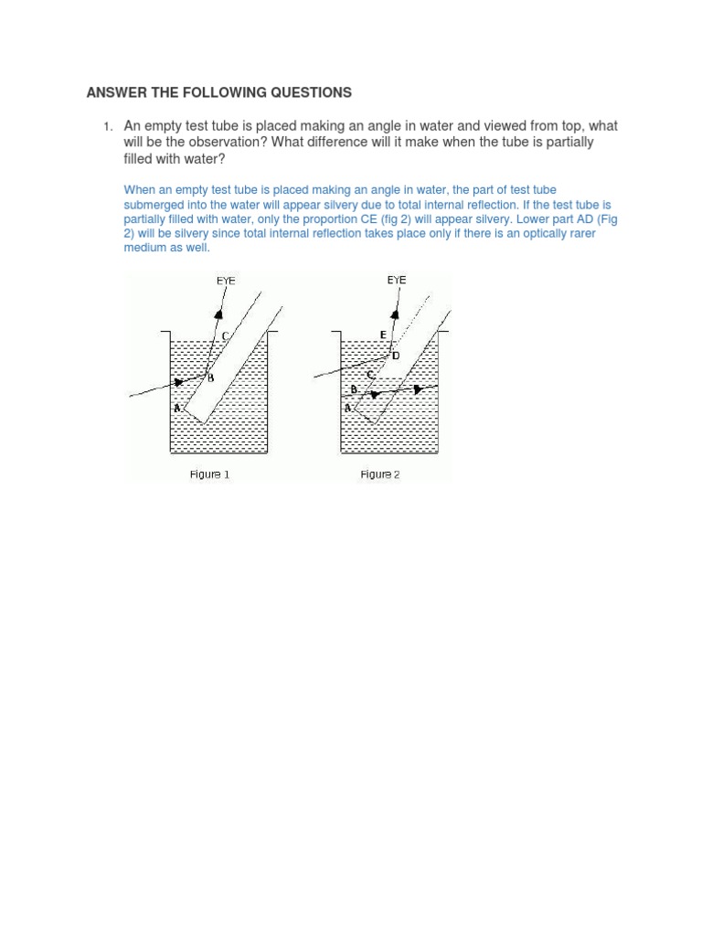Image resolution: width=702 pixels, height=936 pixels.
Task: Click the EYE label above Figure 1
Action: click(226, 281)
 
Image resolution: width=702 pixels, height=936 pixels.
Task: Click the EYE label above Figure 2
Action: click(396, 280)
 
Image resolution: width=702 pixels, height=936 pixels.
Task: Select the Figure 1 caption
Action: click(209, 474)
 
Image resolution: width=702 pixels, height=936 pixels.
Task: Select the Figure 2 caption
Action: click(380, 474)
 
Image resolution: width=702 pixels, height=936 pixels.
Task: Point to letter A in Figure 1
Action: click(177, 408)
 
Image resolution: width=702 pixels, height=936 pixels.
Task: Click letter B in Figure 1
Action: click(210, 378)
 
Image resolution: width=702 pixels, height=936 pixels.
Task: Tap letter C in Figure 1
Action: click(225, 337)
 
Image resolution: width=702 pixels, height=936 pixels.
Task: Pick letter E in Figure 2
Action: click(384, 335)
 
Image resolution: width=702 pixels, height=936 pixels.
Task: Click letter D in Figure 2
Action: click(396, 356)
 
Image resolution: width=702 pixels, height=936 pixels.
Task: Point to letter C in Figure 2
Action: click(370, 374)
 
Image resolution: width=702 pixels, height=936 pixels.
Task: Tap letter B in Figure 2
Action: click(354, 388)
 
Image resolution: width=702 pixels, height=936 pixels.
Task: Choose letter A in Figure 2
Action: click(347, 408)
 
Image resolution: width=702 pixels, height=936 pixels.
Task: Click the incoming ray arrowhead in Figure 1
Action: click(179, 382)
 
